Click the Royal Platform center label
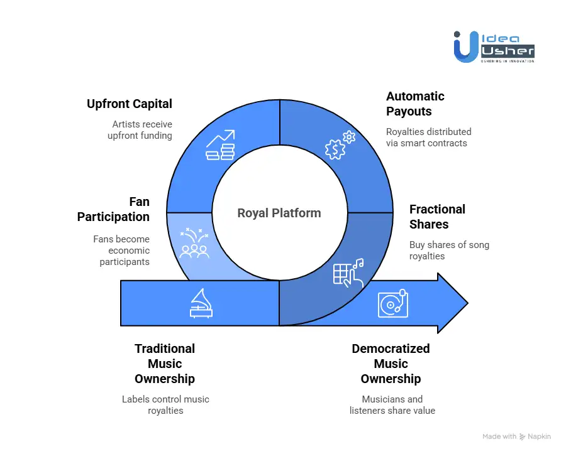tap(279, 213)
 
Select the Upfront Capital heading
tap(130, 104)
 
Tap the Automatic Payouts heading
tap(415, 104)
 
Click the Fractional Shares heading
tap(437, 217)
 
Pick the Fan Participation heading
tap(114, 209)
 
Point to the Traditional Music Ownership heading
tap(165, 364)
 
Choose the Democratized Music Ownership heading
tap(391, 364)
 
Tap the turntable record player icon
tap(392, 303)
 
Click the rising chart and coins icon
tap(221, 145)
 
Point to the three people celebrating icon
tap(194, 244)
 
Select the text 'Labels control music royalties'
tap(165, 404)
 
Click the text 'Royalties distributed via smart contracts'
tap(428, 137)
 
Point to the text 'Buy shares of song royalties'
tap(449, 250)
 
